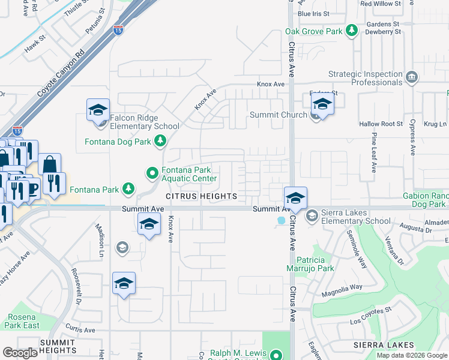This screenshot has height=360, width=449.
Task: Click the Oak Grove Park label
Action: [313, 31]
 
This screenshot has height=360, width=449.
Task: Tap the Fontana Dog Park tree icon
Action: [160, 141]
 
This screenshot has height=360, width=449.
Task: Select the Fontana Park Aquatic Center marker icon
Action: [152, 174]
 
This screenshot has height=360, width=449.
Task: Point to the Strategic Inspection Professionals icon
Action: [412, 77]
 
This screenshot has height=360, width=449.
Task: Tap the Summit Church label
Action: [278, 115]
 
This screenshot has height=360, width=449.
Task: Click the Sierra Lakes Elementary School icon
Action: [312, 215]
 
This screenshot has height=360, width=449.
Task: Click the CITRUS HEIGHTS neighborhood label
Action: [202, 196]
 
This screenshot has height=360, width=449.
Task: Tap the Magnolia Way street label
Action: [342, 287]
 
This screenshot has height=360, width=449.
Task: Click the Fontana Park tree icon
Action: [128, 189]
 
